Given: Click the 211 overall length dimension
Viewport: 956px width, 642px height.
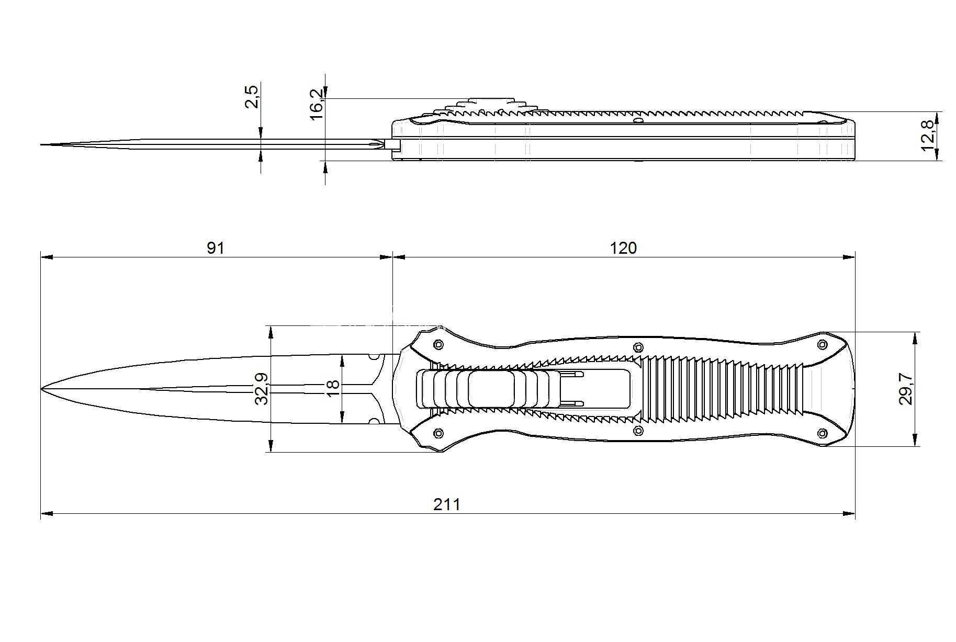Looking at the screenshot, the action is coord(447,504).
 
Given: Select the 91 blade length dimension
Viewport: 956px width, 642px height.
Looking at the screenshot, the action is coord(215,247).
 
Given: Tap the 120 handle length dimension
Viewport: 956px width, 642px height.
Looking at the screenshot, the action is coord(623,247).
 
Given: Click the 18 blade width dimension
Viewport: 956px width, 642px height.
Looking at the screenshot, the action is coord(332,388).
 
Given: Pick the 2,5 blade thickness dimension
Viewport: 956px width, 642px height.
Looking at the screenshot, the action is coord(252,97).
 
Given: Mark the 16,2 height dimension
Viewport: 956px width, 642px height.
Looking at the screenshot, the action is coord(317,104).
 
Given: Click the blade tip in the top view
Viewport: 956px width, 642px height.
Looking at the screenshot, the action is coord(41,389).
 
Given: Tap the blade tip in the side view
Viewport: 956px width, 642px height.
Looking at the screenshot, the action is coord(41,144).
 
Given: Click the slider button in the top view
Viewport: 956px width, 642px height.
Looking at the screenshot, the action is coord(490,389).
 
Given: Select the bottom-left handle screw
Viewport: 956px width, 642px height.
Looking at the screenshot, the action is coord(438,433).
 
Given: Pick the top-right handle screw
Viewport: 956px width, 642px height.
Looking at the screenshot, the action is coord(822,344).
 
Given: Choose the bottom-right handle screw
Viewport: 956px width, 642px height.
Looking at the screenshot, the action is coord(822,433).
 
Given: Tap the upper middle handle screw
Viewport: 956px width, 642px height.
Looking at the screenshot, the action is coord(638,347).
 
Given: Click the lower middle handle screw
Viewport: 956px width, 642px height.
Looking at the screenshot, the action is coord(638,431).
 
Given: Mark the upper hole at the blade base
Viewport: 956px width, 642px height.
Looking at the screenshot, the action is coord(374,357).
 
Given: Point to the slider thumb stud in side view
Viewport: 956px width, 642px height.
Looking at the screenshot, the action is coord(490,100).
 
